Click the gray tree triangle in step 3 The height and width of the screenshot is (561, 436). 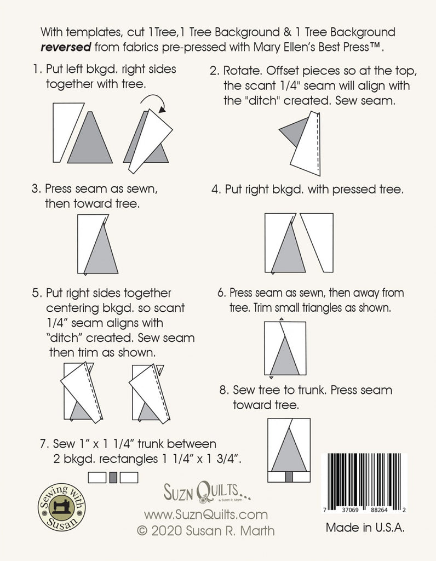click(101, 251)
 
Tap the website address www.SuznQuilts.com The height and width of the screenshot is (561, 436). click(206, 514)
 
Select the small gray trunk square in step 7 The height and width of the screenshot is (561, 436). click(113, 477)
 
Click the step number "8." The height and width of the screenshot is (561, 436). click(223, 391)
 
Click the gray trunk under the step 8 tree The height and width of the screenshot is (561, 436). click(289, 477)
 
